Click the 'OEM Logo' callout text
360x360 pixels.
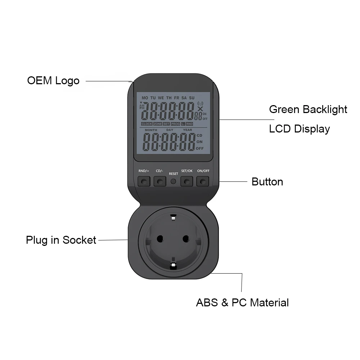click(x=53, y=80)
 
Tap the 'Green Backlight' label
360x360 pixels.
click(x=308, y=109)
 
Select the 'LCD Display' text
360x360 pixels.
click(x=299, y=129)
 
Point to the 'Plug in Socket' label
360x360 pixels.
click(x=61, y=240)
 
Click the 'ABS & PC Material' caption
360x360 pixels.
click(x=242, y=302)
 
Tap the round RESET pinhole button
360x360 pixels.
click(x=173, y=181)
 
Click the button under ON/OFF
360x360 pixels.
click(x=203, y=181)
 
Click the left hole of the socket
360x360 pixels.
click(x=159, y=239)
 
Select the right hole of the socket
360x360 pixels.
click(x=186, y=239)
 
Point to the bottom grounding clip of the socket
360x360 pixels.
click(x=173, y=265)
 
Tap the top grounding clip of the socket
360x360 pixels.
click(x=173, y=217)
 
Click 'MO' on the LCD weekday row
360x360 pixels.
click(x=145, y=98)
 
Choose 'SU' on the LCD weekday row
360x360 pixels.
click(x=192, y=98)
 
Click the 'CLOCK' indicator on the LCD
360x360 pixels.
click(x=147, y=124)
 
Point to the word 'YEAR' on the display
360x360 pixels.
click(x=188, y=130)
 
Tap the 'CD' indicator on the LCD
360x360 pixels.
click(x=199, y=135)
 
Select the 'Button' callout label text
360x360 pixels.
click(x=267, y=182)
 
